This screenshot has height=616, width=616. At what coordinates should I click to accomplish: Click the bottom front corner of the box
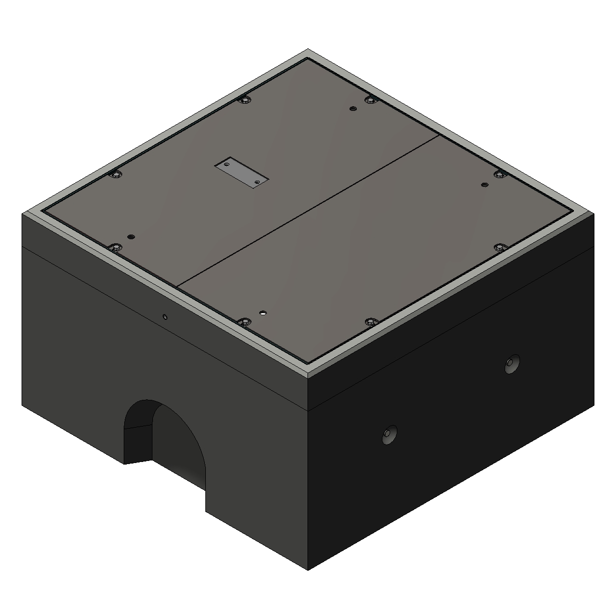tap(308, 569)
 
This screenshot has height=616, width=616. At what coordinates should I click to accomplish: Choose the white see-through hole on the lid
tap(263, 312)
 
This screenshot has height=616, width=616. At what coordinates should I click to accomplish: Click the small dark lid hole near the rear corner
tap(352, 109)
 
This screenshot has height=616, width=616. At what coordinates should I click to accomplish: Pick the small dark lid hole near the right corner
tap(484, 185)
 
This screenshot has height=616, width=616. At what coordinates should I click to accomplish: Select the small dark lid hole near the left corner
tap(131, 237)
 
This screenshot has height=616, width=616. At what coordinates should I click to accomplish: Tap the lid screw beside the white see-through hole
tap(244, 322)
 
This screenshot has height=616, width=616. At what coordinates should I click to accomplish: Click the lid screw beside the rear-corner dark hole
tap(370, 100)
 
